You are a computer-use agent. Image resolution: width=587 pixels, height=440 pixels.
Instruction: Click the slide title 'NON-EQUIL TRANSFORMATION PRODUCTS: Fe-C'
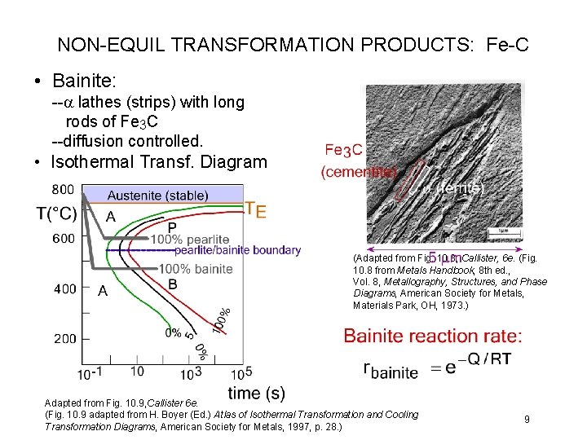(x=293, y=44)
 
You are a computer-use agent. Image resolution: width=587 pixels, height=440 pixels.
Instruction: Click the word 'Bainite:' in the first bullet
(x=86, y=81)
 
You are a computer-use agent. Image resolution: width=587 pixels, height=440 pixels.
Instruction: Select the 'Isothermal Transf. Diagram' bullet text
(x=158, y=161)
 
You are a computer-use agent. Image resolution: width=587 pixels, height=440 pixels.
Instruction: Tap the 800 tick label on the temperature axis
(x=63, y=190)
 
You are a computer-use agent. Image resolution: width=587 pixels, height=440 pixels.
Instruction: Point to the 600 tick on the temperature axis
(x=63, y=239)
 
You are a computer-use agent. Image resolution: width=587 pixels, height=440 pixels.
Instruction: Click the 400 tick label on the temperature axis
(x=63, y=288)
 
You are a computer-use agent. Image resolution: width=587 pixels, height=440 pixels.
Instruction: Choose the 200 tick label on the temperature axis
(x=63, y=338)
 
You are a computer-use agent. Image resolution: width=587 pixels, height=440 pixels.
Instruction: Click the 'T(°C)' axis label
(x=57, y=214)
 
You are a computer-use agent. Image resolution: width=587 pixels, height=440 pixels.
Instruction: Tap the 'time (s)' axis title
(x=256, y=394)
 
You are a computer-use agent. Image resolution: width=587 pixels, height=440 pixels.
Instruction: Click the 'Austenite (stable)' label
(x=157, y=196)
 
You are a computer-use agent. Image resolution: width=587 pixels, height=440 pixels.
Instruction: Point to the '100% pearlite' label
(x=193, y=239)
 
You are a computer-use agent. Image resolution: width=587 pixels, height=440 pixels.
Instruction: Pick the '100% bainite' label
(x=196, y=269)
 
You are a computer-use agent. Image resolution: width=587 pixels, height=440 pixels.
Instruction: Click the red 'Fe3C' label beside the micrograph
(x=338, y=150)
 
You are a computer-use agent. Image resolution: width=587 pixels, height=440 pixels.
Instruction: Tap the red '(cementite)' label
(x=359, y=172)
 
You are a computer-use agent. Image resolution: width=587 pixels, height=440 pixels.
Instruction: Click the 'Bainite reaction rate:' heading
(x=433, y=336)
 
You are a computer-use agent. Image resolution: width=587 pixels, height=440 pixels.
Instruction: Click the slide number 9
(x=527, y=419)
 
